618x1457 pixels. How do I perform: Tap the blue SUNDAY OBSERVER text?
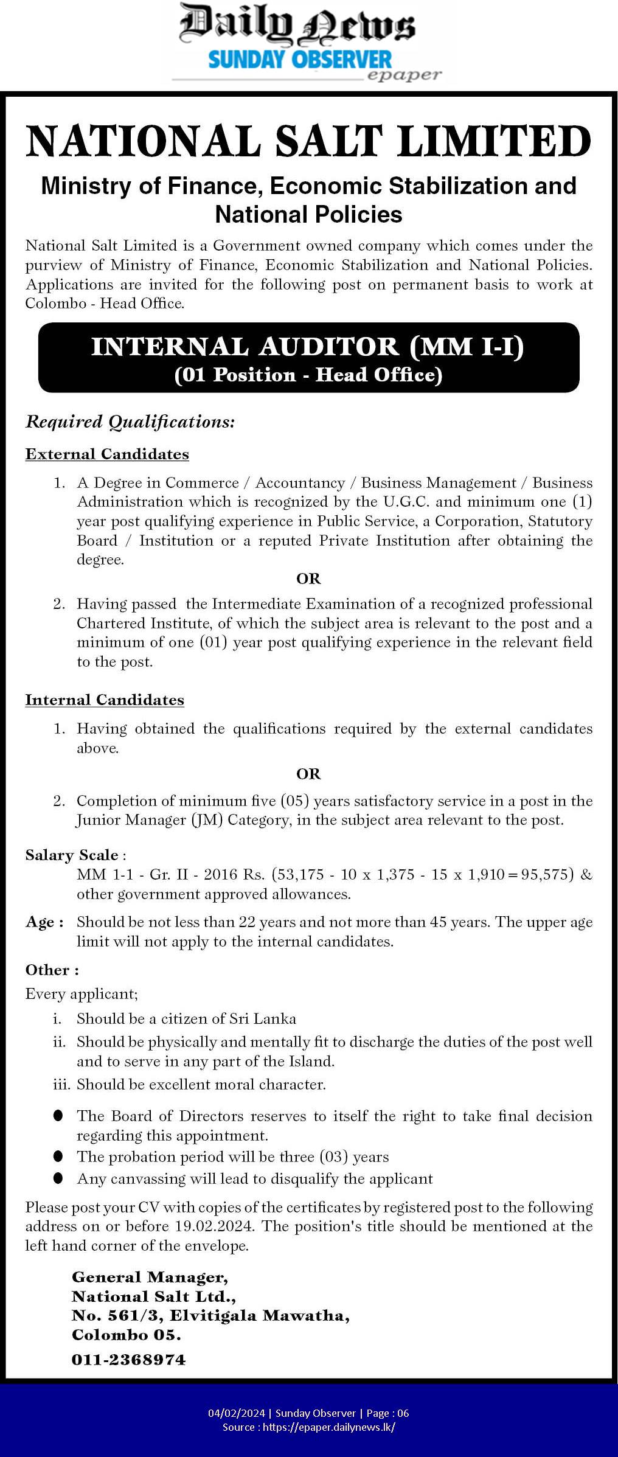pos(300,60)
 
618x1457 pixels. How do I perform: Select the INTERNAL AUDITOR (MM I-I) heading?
pos(308,347)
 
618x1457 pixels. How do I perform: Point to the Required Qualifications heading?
pos(130,422)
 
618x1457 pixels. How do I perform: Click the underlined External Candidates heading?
pos(107,454)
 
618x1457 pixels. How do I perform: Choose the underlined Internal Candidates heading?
pos(105,700)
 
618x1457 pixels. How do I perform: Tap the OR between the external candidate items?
pos(308,579)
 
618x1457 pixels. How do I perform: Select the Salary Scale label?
pos(72,855)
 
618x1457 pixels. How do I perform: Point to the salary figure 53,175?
pos(302,875)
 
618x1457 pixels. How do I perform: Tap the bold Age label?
pos(44,922)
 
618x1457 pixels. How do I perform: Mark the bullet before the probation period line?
pos(58,1156)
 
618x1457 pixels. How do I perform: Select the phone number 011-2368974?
pos(129,1360)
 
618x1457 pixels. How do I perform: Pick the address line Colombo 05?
pos(127,1335)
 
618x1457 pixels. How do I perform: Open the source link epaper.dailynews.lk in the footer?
pos(328,1427)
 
